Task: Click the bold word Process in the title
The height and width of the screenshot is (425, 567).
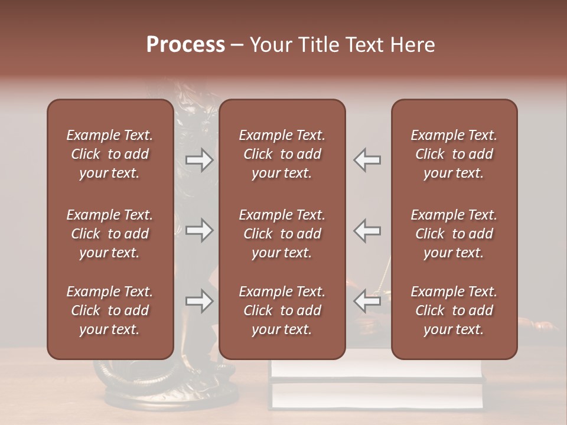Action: click(185, 45)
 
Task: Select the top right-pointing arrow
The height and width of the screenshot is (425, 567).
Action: click(199, 160)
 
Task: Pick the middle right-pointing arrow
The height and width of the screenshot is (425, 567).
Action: click(199, 230)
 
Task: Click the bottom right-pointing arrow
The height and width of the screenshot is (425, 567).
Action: click(199, 301)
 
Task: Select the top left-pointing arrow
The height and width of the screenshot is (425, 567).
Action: click(367, 160)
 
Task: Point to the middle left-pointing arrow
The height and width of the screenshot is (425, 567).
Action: click(367, 230)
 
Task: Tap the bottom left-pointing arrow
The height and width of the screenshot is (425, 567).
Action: click(367, 301)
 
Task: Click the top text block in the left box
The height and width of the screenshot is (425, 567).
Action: click(110, 154)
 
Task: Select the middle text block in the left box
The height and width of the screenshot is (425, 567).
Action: click(110, 234)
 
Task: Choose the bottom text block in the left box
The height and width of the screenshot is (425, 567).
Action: click(110, 310)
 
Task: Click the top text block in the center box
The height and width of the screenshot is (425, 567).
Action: click(282, 154)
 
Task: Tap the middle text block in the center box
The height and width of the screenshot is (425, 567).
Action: click(282, 234)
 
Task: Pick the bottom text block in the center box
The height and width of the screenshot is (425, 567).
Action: click(282, 310)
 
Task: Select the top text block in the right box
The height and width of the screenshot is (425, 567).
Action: click(454, 154)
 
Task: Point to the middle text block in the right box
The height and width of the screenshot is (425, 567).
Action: click(454, 234)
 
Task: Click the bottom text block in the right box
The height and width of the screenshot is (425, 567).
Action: click(454, 310)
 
